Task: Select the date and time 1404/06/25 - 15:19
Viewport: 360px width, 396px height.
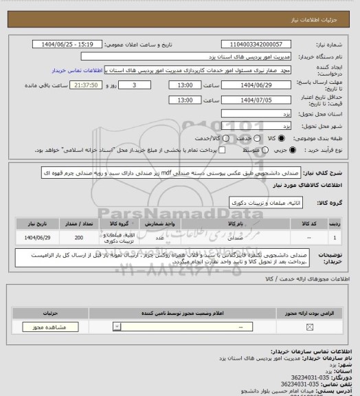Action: click(x=76, y=43)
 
